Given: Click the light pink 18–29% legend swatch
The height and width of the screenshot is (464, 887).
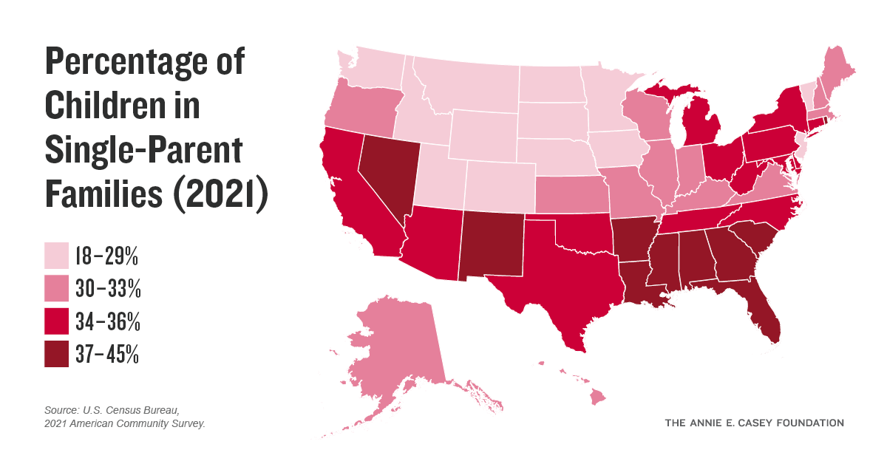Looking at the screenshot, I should click(x=56, y=256).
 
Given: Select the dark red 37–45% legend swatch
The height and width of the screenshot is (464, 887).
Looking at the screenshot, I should click(x=56, y=354).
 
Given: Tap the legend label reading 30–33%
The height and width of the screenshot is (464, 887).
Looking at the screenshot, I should click(x=107, y=289).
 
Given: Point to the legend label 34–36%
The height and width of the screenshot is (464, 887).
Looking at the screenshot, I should click(x=107, y=322).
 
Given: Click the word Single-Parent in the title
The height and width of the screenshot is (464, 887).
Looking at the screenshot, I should click(x=143, y=151).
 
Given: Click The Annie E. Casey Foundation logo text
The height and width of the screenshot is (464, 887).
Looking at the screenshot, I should click(x=754, y=423).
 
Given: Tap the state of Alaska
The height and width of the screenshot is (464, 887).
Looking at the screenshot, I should click(x=399, y=347).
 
